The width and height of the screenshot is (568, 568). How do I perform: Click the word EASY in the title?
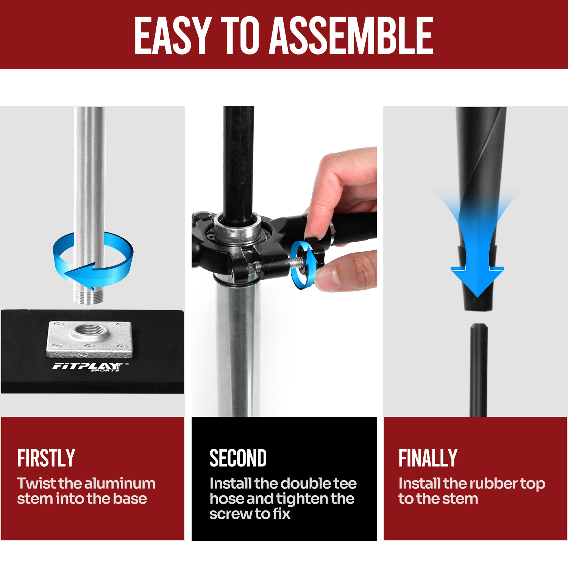[172, 36]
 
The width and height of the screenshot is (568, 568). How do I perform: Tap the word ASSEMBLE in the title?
[351, 36]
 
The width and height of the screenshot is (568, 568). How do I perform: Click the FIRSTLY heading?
[46, 458]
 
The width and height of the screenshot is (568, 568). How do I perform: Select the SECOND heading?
[238, 458]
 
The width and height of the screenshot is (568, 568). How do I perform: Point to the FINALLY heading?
[428, 458]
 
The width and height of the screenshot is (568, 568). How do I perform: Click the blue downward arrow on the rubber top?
[477, 250]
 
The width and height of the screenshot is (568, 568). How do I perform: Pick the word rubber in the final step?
[493, 484]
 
